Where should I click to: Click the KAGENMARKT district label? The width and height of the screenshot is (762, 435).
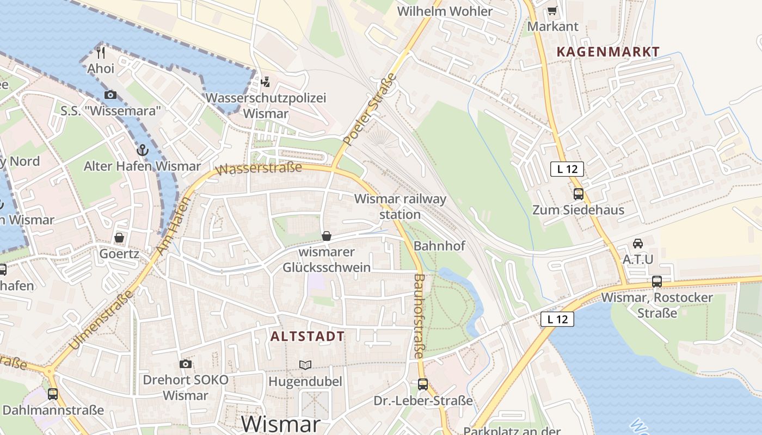point(608,52)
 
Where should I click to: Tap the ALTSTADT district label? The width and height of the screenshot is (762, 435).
point(308,337)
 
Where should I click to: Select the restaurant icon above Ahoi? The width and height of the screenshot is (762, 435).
point(101,53)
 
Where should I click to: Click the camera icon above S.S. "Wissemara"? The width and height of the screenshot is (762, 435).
point(110,95)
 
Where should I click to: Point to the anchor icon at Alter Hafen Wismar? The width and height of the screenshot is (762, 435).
point(142,150)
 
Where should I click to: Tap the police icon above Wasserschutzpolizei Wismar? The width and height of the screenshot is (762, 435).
point(265,82)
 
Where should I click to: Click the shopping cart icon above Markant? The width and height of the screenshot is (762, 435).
point(552,10)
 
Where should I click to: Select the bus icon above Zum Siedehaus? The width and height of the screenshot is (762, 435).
point(578,194)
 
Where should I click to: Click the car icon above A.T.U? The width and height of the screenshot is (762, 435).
point(638,243)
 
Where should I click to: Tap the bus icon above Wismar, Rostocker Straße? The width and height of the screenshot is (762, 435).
point(657,282)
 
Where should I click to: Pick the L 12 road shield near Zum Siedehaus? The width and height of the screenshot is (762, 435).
point(567,169)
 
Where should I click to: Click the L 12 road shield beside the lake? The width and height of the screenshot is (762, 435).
point(558,319)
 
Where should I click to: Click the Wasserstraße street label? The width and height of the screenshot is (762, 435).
point(259,168)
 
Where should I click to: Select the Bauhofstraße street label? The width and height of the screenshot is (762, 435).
point(419,315)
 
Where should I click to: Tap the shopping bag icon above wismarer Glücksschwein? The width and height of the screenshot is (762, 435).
point(327,236)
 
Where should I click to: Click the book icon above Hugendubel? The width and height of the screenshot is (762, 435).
point(305,365)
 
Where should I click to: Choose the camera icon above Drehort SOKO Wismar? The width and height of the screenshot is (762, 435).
point(186,364)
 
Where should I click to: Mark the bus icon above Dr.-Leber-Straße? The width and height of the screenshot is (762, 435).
point(423,384)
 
